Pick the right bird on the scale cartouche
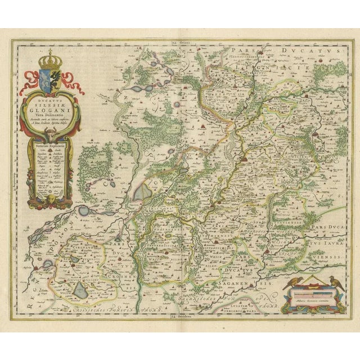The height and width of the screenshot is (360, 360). click(334, 281)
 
